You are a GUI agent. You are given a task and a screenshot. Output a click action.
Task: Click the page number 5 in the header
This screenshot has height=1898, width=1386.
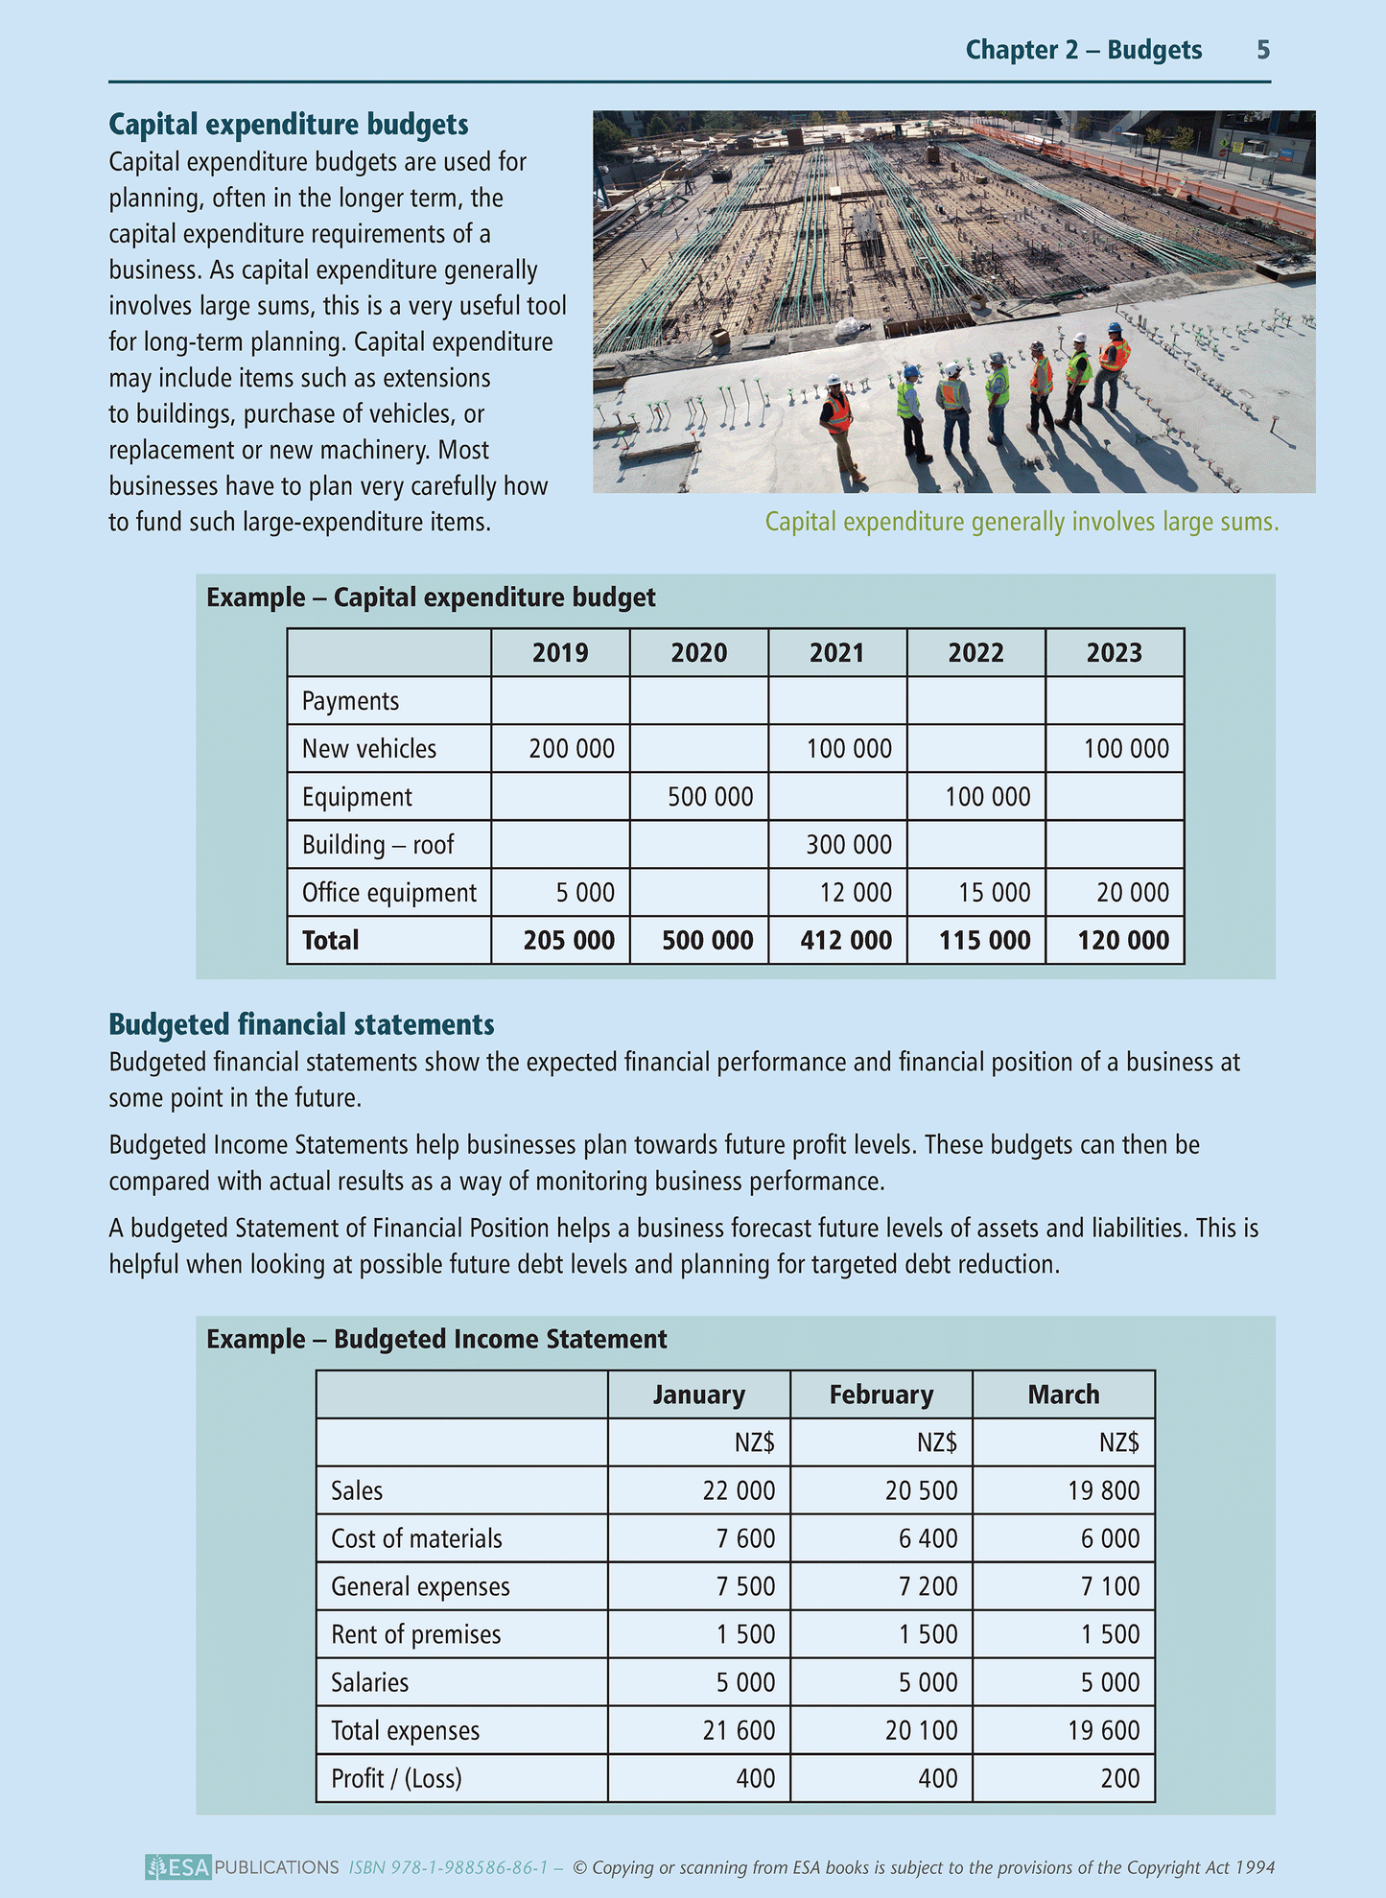1263,50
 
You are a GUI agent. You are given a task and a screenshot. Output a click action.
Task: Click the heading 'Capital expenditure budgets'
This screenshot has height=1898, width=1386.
288,125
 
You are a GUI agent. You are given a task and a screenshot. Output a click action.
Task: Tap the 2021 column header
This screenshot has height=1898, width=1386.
836,653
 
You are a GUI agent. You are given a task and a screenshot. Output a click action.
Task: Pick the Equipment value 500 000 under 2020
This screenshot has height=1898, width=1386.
710,797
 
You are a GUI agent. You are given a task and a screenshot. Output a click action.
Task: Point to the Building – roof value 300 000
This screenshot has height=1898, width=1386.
848,845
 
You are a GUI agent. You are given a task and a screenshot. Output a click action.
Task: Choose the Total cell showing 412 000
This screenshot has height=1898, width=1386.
846,940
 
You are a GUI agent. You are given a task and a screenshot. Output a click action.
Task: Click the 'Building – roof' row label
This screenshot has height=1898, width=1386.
378,845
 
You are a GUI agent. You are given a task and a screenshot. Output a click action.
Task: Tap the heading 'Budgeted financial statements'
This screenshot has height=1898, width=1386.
301,1024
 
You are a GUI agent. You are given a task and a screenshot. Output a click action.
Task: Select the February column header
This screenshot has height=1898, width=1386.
881,1394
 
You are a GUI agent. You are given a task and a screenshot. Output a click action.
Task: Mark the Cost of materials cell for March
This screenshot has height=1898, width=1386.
1110,1538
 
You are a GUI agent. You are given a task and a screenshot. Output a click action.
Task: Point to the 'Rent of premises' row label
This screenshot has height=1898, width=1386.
415,1634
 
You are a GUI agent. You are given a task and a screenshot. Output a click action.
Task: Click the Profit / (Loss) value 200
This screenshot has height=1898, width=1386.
1120,1778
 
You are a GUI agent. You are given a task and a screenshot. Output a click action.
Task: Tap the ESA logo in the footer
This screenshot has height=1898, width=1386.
178,1867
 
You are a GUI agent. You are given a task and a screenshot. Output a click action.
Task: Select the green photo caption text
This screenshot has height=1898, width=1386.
1022,522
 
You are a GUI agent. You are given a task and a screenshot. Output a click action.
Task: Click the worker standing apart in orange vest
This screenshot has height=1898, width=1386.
838,422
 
